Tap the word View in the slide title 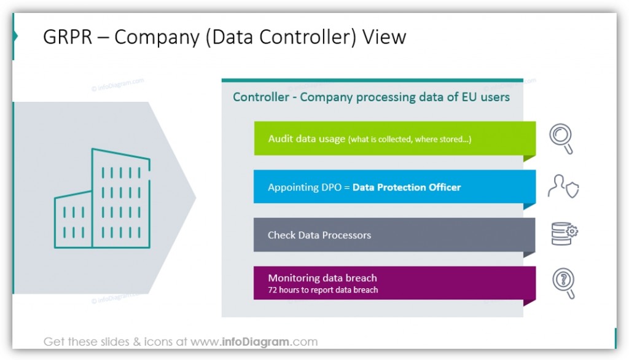point(384,37)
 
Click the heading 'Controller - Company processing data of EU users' point(371,97)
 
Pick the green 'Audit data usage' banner point(394,138)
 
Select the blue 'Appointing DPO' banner point(394,187)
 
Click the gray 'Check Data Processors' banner point(394,235)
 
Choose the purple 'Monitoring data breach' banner point(394,283)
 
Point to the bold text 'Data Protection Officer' point(406,187)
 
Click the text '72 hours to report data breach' point(322,290)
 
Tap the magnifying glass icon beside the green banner point(561,138)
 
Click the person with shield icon point(563,187)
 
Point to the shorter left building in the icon point(73,220)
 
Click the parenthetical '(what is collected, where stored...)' point(410,139)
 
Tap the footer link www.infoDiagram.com point(254,342)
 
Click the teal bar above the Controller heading point(372,80)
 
